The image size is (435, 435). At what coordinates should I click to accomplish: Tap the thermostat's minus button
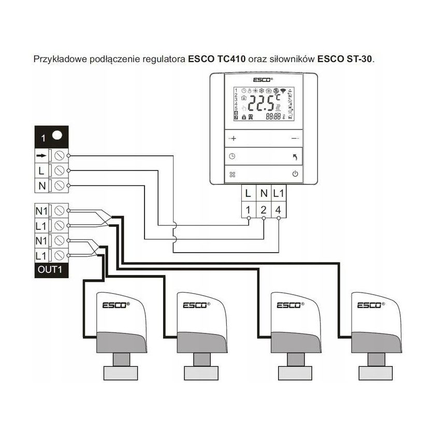point(295,138)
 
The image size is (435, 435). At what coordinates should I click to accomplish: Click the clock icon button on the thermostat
point(233,156)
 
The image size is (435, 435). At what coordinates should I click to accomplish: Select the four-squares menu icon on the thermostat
point(233,174)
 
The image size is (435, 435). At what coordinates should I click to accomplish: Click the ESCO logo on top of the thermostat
point(263,80)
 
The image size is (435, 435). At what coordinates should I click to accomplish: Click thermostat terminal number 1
point(249,210)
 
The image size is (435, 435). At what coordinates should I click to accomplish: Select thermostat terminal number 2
point(264,210)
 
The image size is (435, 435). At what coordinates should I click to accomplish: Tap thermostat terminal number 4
point(279,210)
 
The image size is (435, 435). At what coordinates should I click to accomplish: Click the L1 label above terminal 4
point(279,194)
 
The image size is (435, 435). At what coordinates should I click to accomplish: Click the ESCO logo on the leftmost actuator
point(112,305)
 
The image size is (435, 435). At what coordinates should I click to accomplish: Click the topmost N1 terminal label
point(41,211)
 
